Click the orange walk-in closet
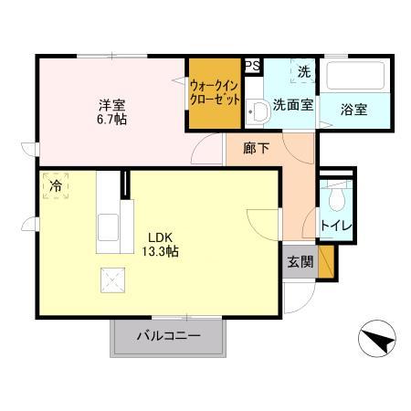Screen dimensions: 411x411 coord(215,93)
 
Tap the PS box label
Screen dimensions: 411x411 coord(252,65)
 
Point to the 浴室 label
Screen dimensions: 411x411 coord(353,110)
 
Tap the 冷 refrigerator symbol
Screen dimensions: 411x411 coord(57,186)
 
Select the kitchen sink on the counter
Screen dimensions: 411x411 coord(107,225)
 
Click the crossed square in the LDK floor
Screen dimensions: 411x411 coord(111,278)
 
